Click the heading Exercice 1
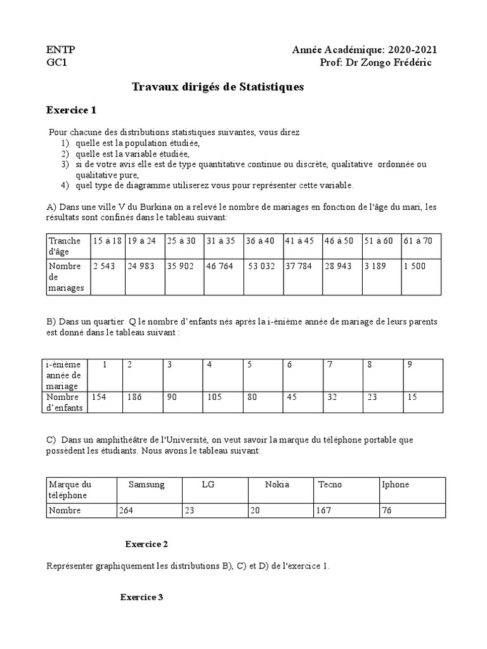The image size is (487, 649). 71,110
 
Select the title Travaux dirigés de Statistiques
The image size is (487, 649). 218,87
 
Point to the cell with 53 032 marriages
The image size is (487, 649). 261,266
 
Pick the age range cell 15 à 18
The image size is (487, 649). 107,241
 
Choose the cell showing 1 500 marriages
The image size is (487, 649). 415,266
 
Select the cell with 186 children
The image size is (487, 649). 136,397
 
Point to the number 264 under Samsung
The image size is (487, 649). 126,510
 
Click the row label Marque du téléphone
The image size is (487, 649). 70,489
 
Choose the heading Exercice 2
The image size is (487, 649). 146,544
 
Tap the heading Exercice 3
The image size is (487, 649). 142,597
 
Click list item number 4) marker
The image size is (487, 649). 65,185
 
